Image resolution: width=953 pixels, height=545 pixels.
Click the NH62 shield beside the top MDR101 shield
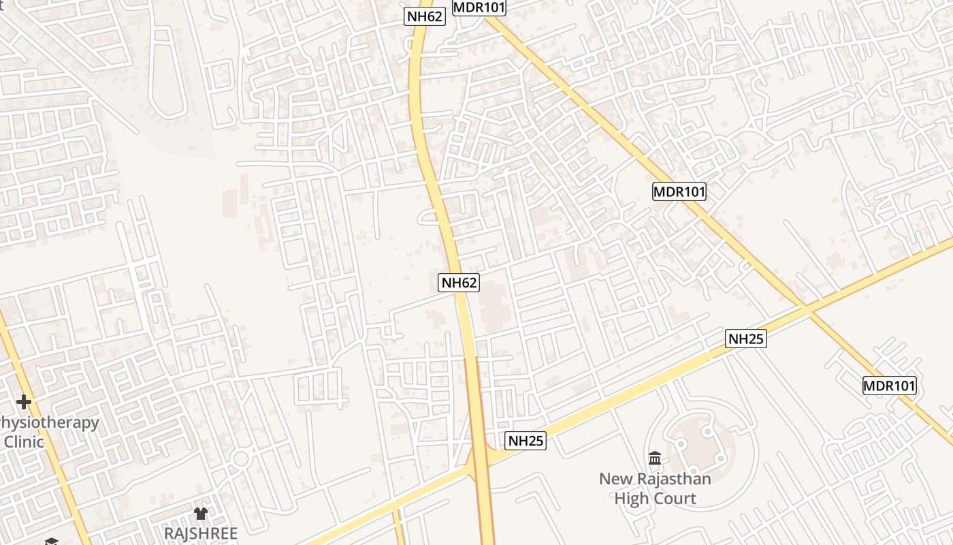tap(425, 16)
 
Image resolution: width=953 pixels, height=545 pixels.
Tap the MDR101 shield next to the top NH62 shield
tap(479, 7)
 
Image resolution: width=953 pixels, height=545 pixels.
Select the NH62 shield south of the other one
tap(459, 282)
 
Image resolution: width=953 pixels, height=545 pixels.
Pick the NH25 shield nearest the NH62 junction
tap(526, 441)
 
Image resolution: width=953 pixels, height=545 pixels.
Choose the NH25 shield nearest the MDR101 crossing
tap(746, 339)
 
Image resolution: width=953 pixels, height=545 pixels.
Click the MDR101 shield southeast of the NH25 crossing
tap(890, 386)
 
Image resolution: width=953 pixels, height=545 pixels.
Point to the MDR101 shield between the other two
tap(679, 191)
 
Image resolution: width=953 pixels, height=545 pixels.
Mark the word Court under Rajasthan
tap(674, 498)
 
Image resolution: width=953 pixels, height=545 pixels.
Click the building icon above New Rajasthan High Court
tap(655, 458)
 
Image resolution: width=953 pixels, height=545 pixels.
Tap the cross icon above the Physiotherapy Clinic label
tap(24, 402)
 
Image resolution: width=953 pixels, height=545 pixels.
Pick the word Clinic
tap(25, 441)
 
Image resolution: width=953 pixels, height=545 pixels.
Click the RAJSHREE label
tap(201, 533)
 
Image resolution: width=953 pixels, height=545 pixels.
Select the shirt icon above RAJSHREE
tap(200, 513)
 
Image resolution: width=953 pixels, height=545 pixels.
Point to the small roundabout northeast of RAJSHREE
tap(240, 458)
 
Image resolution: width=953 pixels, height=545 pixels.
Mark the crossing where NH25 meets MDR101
tap(806, 310)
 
